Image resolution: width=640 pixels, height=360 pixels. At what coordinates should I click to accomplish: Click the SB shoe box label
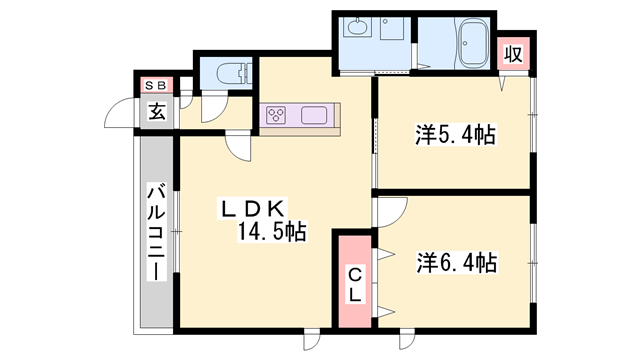(x=158, y=85)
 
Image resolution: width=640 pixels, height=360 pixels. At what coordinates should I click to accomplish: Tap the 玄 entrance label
(x=158, y=111)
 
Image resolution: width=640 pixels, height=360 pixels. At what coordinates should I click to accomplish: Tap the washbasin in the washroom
(x=356, y=29)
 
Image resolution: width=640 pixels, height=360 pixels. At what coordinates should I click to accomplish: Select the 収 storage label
(x=512, y=54)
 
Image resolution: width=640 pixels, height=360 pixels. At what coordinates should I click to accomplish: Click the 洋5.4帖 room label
(x=456, y=133)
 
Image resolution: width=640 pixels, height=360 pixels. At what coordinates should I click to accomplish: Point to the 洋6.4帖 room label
(x=456, y=263)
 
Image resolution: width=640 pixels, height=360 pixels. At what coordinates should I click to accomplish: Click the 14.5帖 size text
(x=271, y=233)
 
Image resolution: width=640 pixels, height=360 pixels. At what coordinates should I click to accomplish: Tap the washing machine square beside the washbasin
(x=390, y=29)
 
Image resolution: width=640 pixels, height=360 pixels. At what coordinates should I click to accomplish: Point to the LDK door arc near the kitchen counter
(x=240, y=148)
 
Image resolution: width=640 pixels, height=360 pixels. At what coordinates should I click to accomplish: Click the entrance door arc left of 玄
(x=122, y=112)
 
